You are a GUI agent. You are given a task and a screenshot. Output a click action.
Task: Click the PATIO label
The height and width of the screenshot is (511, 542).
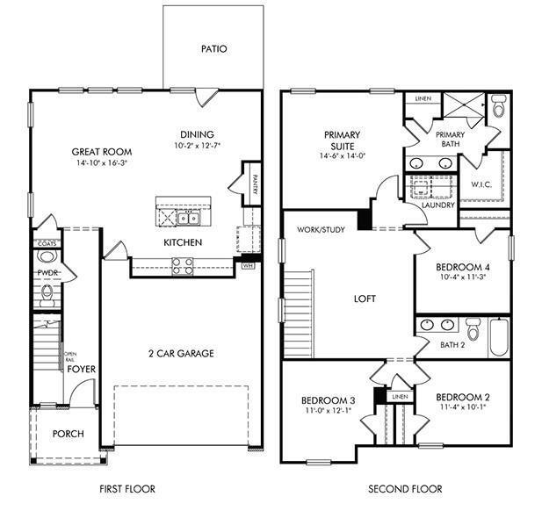[213, 49]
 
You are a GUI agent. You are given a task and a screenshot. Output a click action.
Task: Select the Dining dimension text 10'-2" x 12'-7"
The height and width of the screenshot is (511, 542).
[197, 145]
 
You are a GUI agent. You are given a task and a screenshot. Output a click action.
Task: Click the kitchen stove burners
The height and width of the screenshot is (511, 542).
[183, 266]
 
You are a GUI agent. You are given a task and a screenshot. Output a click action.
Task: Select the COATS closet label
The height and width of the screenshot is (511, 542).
[46, 243]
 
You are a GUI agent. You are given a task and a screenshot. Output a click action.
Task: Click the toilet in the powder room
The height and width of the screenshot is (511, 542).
[47, 256]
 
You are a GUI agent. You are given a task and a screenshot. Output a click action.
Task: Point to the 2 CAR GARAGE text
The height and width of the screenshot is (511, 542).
[181, 354]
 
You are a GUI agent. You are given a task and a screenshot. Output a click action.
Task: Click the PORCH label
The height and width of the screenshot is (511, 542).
[68, 434]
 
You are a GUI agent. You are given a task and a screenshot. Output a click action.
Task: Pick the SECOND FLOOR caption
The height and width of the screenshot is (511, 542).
[404, 489]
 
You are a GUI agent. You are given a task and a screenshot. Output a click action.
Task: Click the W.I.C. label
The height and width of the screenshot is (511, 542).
[482, 184]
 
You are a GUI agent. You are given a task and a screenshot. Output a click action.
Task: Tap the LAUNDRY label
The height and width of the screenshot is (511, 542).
[437, 205]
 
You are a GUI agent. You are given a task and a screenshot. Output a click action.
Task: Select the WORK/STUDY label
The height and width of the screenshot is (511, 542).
[320, 230]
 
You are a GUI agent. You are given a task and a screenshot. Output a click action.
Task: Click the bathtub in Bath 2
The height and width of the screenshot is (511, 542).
[499, 337]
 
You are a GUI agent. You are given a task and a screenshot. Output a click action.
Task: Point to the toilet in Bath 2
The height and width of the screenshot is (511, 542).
[473, 329]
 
